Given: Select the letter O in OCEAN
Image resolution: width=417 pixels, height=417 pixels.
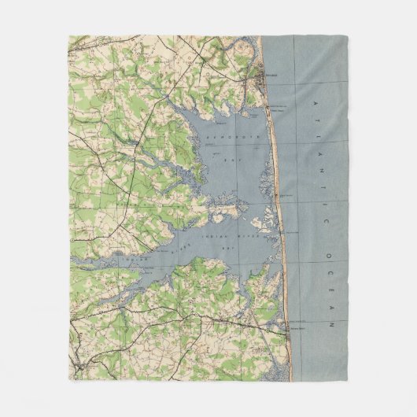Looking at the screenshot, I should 330,254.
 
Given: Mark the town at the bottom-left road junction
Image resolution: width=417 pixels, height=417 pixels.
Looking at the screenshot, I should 78,363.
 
